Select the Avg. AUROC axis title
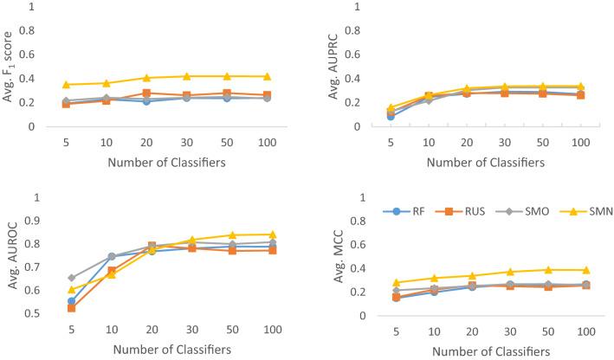[x=10, y=257]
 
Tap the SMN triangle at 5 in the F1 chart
[x=66, y=84]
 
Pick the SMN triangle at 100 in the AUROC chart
[x=273, y=234]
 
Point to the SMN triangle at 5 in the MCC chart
[x=397, y=282]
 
